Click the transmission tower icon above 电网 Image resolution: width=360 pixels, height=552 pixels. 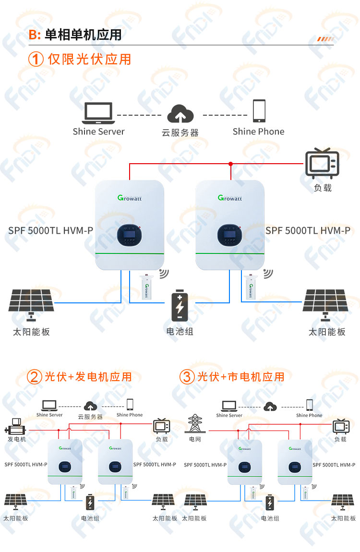click(x=194, y=423)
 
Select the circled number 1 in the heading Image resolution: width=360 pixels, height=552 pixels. click(x=36, y=59)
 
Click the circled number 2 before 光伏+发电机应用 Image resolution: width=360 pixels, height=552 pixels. click(x=34, y=377)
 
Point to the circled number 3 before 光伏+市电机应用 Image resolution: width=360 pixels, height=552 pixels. click(x=187, y=377)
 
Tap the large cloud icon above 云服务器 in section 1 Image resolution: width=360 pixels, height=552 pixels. click(x=180, y=113)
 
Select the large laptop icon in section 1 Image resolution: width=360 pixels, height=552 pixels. click(x=98, y=113)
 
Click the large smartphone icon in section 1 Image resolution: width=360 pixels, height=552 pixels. click(x=259, y=111)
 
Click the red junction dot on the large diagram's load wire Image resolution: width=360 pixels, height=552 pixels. click(x=230, y=164)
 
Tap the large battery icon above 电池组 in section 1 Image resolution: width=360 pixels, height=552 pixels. click(x=180, y=306)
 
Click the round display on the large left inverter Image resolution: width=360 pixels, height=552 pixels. click(x=130, y=235)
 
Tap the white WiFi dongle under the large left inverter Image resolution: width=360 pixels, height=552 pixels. click(x=146, y=287)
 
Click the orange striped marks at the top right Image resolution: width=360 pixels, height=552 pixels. click(x=325, y=39)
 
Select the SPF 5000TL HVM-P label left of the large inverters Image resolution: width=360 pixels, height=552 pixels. click(x=51, y=230)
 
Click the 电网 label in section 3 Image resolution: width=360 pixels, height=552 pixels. click(x=195, y=439)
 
